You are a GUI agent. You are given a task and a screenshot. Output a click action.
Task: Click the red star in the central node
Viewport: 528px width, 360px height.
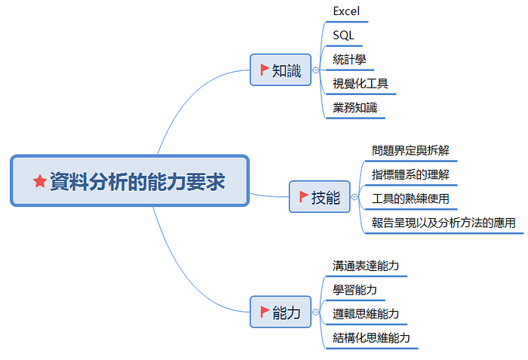(40, 181)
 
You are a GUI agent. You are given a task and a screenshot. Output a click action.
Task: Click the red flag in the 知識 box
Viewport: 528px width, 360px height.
(265, 69)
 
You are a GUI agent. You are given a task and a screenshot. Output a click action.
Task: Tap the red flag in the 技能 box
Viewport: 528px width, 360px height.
(304, 196)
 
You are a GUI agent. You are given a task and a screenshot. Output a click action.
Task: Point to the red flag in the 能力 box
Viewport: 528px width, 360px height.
(265, 312)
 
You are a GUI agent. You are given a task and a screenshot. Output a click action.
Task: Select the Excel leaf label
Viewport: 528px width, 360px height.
(346, 11)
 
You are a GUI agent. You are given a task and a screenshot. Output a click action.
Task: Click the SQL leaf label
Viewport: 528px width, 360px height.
(343, 35)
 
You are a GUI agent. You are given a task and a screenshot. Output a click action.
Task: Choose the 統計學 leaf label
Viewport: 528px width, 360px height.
(349, 60)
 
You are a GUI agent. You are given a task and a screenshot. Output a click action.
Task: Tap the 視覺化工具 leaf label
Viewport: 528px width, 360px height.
(361, 84)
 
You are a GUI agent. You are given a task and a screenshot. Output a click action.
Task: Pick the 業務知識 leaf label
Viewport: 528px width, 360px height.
(355, 108)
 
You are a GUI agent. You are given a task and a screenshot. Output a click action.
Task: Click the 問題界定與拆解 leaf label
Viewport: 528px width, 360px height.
(410, 150)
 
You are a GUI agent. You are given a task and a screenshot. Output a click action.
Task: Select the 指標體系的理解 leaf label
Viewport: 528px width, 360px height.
(410, 174)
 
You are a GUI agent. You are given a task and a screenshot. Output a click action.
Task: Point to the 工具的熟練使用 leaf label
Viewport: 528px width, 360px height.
(410, 198)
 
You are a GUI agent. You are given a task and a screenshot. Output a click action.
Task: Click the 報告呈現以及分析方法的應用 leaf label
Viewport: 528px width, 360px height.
(444, 223)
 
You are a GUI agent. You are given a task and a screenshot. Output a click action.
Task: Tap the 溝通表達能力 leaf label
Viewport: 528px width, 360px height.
(366, 266)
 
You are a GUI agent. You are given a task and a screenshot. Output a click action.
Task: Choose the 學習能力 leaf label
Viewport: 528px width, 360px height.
(355, 290)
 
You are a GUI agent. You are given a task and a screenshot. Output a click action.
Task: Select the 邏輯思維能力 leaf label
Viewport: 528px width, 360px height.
(366, 314)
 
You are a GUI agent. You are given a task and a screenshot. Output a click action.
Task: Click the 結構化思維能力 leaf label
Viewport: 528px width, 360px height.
(371, 338)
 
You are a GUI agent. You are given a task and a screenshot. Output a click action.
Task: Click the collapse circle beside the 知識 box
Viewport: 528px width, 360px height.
(315, 70)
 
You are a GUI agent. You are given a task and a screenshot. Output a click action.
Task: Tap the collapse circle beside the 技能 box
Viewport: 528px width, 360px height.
(355, 197)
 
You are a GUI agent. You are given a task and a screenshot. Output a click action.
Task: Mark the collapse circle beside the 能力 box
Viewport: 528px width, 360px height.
(315, 312)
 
